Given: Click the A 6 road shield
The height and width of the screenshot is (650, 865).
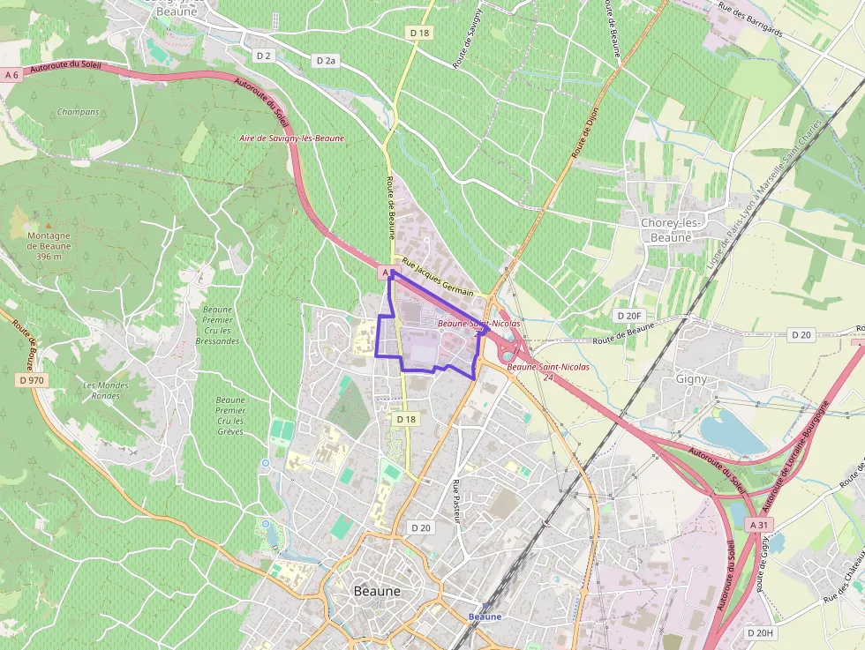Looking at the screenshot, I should (11, 75).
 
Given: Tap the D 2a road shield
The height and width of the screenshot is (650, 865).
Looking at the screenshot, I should (326, 61).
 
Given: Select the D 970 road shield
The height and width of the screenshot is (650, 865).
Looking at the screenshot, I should (31, 380).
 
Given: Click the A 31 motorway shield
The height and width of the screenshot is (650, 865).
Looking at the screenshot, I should (758, 525).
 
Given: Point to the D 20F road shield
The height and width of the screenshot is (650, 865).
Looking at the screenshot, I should (629, 315).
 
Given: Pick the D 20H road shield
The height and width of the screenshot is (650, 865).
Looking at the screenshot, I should (760, 633).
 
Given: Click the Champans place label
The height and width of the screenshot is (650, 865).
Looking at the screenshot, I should (78, 112).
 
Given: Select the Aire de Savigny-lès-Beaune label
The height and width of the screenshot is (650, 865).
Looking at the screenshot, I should (292, 138).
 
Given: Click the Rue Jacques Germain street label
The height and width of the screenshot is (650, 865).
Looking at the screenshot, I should (438, 277).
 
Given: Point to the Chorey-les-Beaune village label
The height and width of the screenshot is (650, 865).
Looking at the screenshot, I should (672, 230).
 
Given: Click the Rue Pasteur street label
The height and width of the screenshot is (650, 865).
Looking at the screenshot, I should (457, 500).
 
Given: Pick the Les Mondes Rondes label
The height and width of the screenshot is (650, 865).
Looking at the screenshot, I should (106, 390).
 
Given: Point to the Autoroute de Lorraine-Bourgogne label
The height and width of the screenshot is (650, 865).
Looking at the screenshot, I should (799, 450).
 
